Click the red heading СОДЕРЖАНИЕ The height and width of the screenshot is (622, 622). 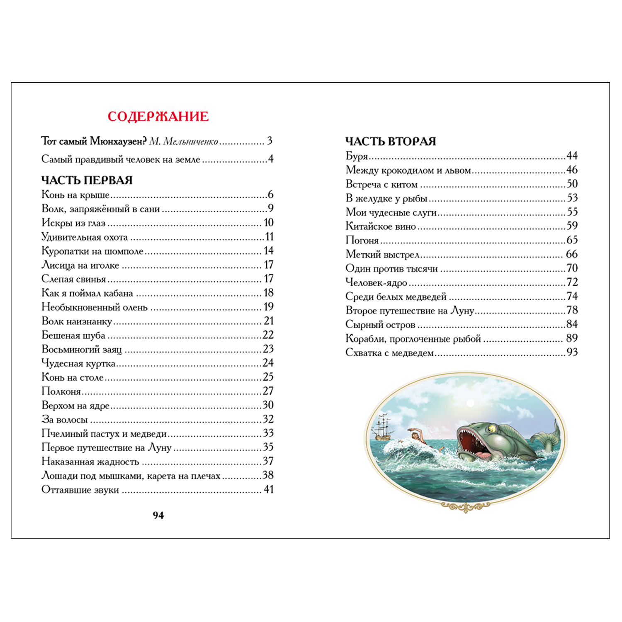click(x=158, y=117)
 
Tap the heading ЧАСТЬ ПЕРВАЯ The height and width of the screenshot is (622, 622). click(x=87, y=180)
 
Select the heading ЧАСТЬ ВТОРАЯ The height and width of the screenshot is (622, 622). click(x=391, y=141)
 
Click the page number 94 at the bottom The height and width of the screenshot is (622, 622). click(x=158, y=515)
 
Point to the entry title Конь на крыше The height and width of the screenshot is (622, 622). click(x=75, y=195)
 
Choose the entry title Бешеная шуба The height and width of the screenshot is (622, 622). click(x=73, y=335)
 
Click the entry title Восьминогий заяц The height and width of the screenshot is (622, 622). click(x=82, y=349)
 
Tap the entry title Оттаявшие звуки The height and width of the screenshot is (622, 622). click(x=80, y=490)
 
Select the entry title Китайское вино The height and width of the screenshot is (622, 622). click(x=381, y=226)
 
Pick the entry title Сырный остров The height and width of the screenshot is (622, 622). click(x=380, y=325)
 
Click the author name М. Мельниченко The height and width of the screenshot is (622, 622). click(x=183, y=141)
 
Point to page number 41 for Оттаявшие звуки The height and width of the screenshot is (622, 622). click(x=269, y=490)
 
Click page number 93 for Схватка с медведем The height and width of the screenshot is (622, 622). click(x=572, y=352)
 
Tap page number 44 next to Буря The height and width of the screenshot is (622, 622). click(x=572, y=156)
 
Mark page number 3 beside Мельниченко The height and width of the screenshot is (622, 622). click(x=270, y=141)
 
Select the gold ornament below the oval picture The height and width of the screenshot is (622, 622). click(x=465, y=506)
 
